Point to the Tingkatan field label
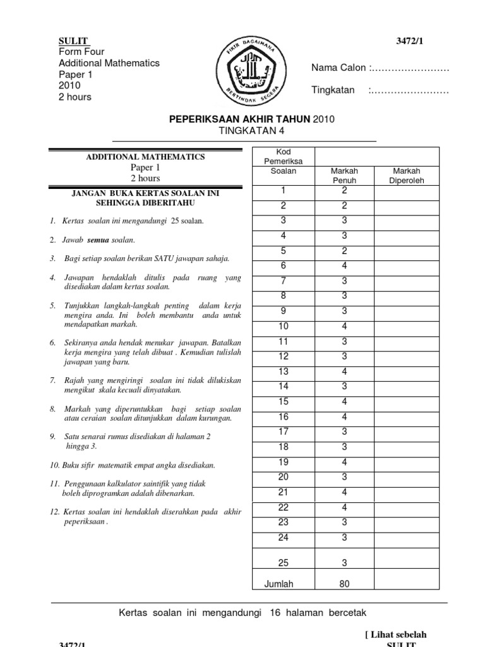[333, 90]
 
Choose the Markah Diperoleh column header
[407, 176]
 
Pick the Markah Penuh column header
[344, 176]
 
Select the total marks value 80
[344, 584]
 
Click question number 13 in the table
[283, 372]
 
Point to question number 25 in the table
[283, 562]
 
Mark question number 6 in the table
[283, 266]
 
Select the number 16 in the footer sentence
[274, 613]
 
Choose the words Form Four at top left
[81, 52]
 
